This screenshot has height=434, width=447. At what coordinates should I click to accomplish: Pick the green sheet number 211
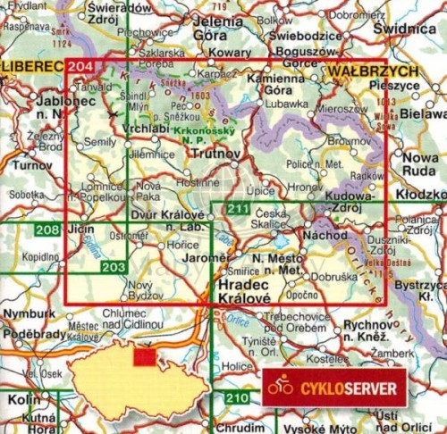[x=236, y=209]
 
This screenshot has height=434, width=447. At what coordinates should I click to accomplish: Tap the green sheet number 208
[x=47, y=230]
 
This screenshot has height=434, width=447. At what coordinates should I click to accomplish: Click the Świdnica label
[x=407, y=29]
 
